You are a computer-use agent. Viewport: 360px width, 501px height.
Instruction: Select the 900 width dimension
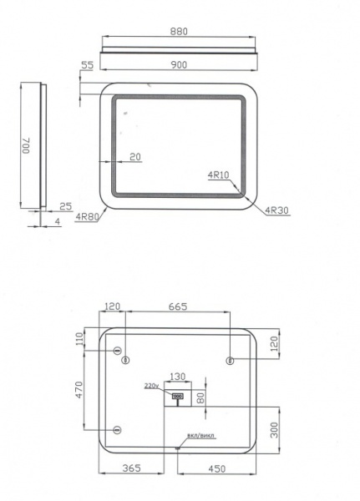(x=179, y=63)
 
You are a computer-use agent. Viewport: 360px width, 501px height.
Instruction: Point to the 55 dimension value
(x=86, y=63)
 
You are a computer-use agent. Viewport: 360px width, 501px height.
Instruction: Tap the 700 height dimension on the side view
(x=27, y=145)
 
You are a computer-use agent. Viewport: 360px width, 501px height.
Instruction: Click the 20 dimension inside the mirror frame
(x=135, y=155)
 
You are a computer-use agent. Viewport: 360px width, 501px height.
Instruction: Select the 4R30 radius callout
(x=276, y=210)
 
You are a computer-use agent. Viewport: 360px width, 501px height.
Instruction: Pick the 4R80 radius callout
(x=87, y=218)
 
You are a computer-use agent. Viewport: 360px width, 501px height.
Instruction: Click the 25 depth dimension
(x=65, y=205)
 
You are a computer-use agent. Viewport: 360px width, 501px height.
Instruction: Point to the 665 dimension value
(x=177, y=307)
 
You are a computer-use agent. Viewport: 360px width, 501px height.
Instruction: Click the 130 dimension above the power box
(x=178, y=377)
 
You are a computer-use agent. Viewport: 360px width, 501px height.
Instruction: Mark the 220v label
(x=150, y=386)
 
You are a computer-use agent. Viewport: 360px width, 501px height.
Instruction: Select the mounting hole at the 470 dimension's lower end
(x=117, y=430)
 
